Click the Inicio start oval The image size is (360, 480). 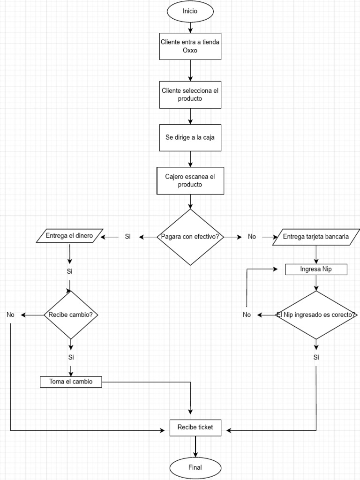pos(190,12)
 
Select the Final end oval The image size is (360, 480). pos(195,467)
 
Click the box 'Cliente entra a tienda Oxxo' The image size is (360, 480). pos(190,46)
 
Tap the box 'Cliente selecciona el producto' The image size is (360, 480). pos(190,95)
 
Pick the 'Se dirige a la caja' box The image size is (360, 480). pos(190,138)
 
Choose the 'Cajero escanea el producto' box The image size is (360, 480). pos(190,180)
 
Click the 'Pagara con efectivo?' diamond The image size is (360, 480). pos(190,237)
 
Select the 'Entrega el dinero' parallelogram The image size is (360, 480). pos(69,236)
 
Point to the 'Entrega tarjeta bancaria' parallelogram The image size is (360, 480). pos(316,237)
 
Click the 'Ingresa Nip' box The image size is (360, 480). pos(316,270)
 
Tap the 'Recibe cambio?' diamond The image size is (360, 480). pos(71,315)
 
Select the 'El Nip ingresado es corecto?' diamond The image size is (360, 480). pos(316,315)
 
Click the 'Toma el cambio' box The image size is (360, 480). pos(71,382)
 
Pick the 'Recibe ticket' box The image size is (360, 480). pos(195,427)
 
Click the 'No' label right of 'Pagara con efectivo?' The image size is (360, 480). pos(252,237)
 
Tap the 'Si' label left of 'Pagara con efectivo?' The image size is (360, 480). pos(127,237)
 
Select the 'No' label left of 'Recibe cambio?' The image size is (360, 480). pos(11,315)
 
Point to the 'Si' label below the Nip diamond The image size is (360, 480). pos(316,358)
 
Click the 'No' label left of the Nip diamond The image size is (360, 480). pos(247,315)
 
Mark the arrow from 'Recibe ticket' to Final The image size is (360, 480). pos(195,446)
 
